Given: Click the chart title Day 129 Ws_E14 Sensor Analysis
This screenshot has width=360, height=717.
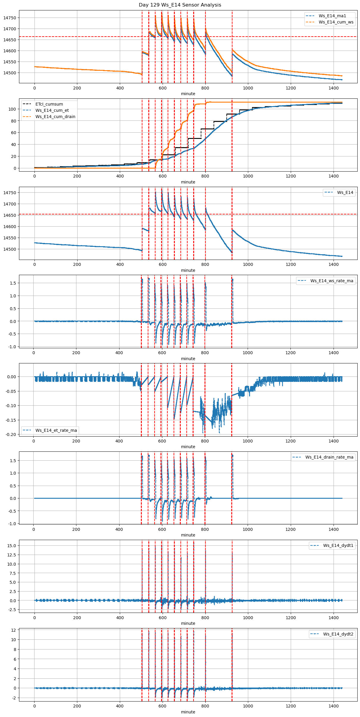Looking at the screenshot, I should [x=180, y=5].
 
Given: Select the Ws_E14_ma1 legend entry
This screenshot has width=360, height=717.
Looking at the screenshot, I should [x=332, y=16].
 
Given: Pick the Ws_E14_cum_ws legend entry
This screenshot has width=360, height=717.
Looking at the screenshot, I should [x=336, y=22].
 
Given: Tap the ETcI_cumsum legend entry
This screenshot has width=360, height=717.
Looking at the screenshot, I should [x=49, y=104].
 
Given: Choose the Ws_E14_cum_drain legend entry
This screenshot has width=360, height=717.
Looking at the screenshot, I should [x=55, y=117].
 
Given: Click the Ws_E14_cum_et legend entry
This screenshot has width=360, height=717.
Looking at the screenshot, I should [x=52, y=110].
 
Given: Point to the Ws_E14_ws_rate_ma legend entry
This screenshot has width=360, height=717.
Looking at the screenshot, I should [x=332, y=281].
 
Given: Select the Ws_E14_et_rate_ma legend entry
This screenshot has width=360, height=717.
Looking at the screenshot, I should [x=56, y=430].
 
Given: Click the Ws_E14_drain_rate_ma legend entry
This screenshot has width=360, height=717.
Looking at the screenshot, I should [x=329, y=457].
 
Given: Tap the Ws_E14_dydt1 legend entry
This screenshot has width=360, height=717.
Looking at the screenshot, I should [x=338, y=545].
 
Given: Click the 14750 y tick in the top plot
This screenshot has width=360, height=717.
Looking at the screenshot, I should [x=10, y=18].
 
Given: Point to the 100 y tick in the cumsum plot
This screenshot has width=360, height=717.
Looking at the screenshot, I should [x=12, y=109].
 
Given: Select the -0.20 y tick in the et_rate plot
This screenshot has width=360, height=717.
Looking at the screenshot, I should [x=11, y=434].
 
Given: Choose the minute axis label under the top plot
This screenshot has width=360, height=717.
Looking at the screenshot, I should [x=188, y=94].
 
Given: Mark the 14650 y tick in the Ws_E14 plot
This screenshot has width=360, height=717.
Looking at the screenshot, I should [x=10, y=215].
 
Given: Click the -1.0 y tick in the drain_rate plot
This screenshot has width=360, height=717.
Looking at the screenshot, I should [x=12, y=524].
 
